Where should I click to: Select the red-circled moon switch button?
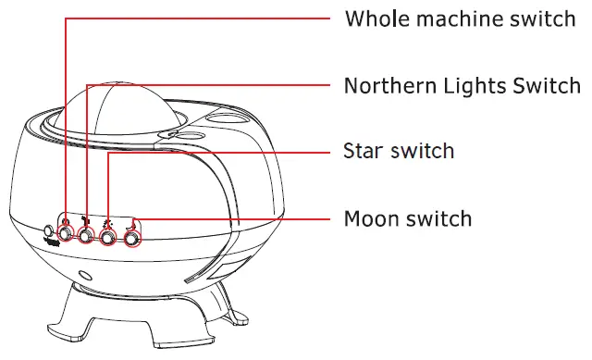(132, 240)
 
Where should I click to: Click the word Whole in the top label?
(374, 19)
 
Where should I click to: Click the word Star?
(363, 151)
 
